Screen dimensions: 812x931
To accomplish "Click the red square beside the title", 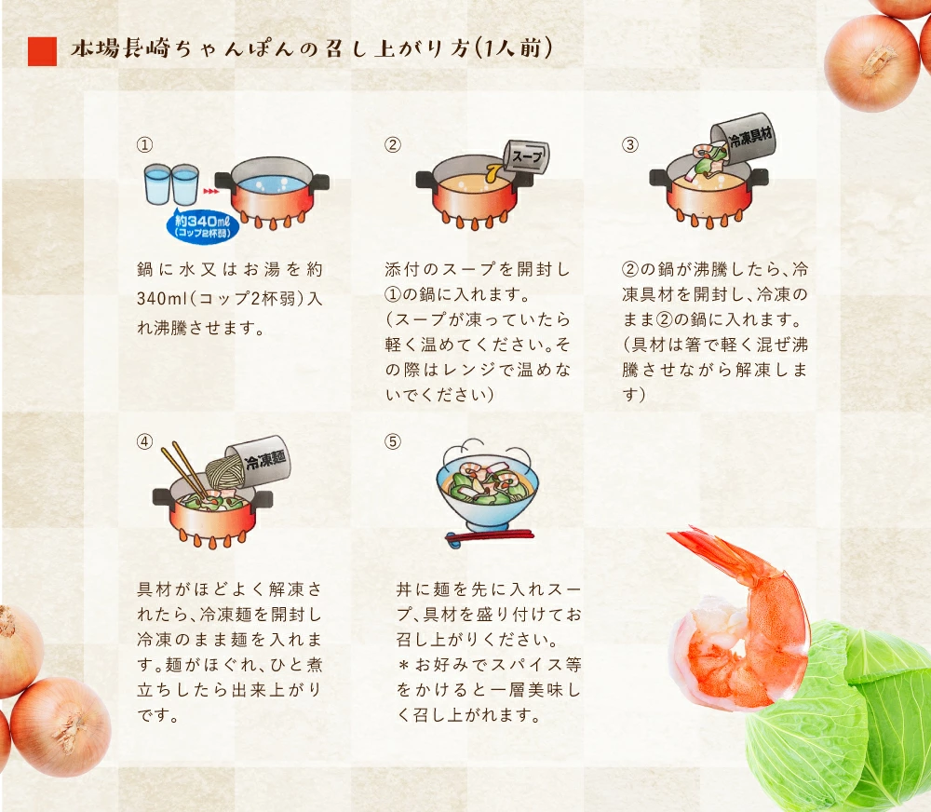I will point(43,51).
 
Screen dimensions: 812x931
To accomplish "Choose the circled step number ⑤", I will point(393,441).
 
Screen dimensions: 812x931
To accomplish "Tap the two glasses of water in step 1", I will point(172,184).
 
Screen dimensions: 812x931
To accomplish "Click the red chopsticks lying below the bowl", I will point(488,536).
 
